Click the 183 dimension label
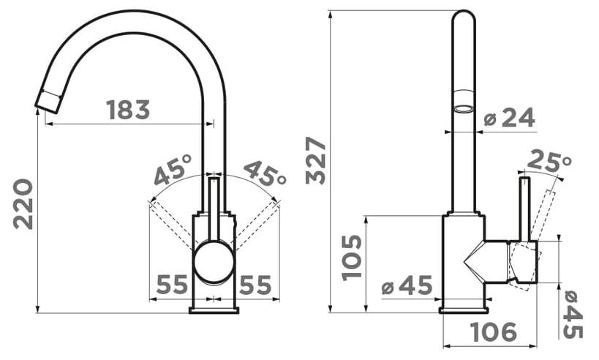(128, 110)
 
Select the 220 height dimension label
(23, 203)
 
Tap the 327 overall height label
(316, 160)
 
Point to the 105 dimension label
(352, 258)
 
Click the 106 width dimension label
(494, 331)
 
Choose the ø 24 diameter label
(509, 117)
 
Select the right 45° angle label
(265, 173)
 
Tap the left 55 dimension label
(173, 285)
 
